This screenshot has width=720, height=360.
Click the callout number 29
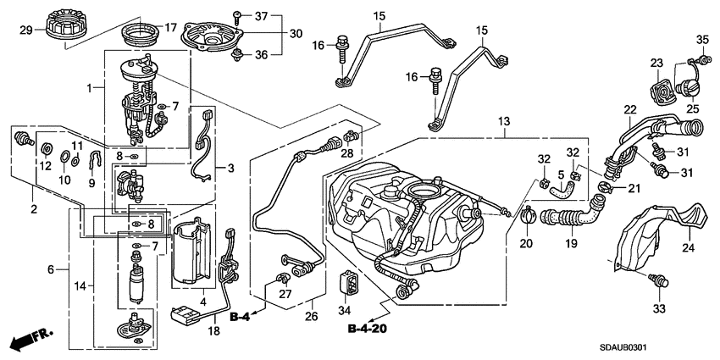coord(25,30)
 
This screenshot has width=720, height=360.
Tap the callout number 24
coord(687,248)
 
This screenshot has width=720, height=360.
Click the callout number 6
coord(51,269)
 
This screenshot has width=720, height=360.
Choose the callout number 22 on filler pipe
coord(629,109)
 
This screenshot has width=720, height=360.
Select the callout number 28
coord(346,152)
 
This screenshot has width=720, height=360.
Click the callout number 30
coord(295,33)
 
